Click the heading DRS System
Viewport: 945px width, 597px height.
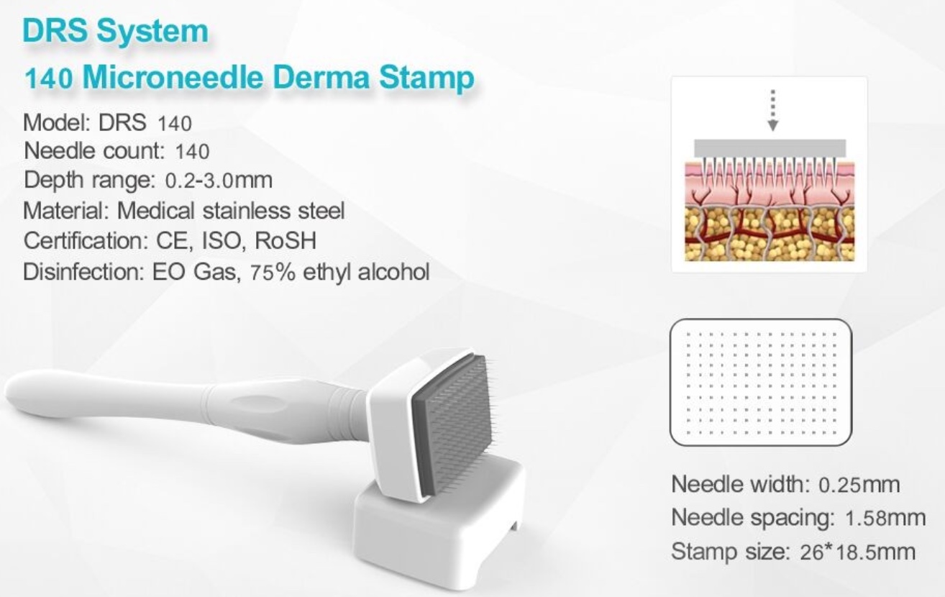pyautogui.click(x=116, y=31)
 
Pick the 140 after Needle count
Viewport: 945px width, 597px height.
pyautogui.click(x=192, y=151)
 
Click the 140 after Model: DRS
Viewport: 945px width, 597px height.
pyautogui.click(x=175, y=123)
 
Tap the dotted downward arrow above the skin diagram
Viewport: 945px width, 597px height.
pyautogui.click(x=772, y=111)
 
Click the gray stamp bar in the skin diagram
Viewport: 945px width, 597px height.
pyautogui.click(x=770, y=148)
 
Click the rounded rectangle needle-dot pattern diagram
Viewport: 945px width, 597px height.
pyautogui.click(x=761, y=382)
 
